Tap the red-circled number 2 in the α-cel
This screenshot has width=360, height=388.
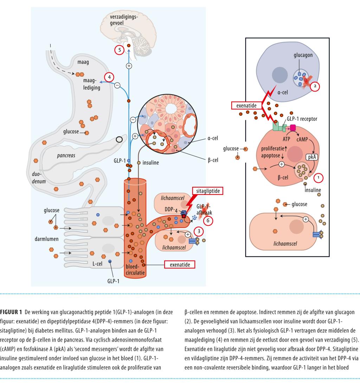[x=315, y=85]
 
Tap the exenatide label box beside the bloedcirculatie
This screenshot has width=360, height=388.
[x=180, y=264]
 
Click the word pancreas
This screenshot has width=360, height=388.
[x=66, y=155]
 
